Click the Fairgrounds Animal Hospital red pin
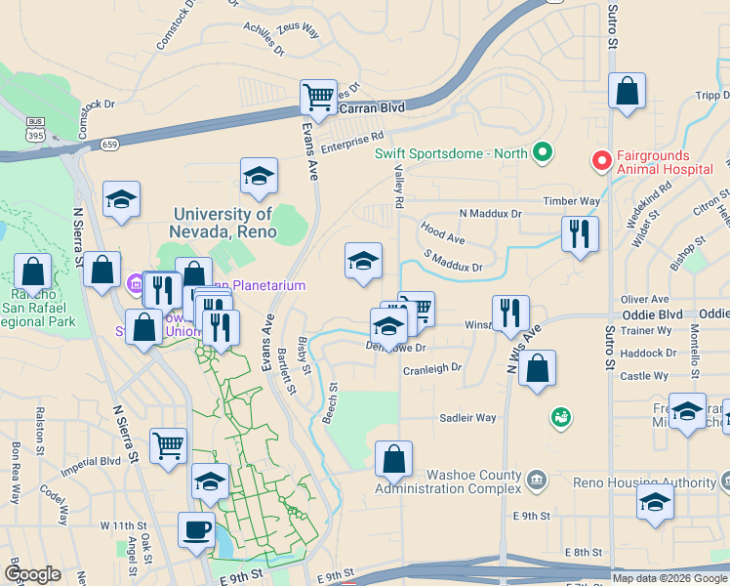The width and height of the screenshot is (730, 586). coord(601,158)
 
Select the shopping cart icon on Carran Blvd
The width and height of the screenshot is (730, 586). coord(318,98)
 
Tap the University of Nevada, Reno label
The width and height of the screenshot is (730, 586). coord(223,223)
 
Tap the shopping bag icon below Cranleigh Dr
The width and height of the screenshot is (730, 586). coord(537,369)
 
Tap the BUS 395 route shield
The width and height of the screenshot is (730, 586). coord(36,127)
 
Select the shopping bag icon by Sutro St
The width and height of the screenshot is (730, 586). coord(627,92)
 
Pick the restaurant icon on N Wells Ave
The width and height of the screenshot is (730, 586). coord(509,314)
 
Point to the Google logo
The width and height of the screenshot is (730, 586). coord(32,574)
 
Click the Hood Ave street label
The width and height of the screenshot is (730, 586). coord(442,235)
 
